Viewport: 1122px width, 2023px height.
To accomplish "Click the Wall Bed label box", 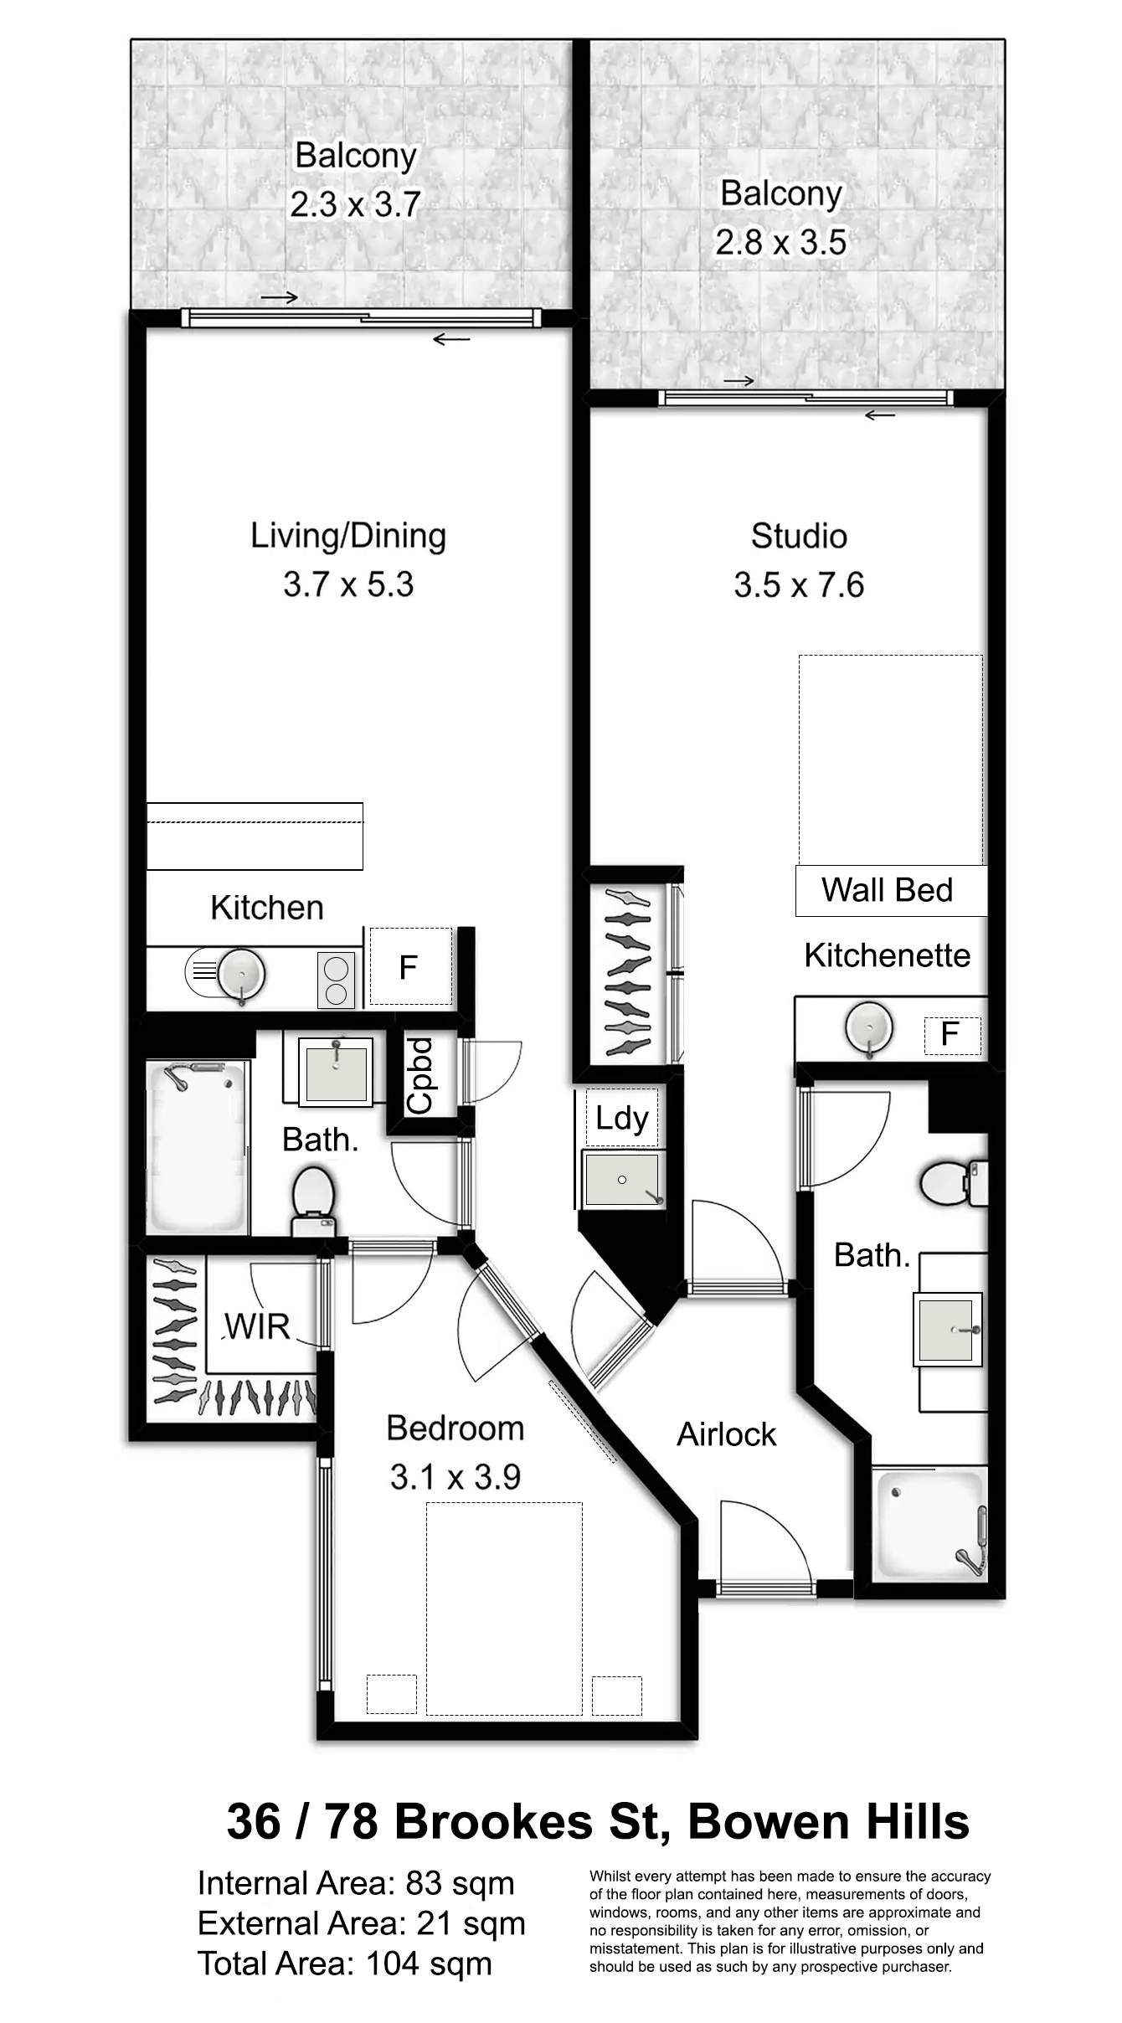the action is coord(891,890).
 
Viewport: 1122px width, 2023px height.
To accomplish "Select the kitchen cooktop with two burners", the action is coord(336,981).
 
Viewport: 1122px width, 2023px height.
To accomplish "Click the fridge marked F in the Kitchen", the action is coord(410,966).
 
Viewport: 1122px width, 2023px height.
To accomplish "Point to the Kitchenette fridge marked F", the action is coord(952,1035).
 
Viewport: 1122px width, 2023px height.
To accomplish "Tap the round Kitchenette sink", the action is coord(869,1027).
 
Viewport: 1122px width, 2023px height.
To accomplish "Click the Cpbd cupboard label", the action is coord(420,1075).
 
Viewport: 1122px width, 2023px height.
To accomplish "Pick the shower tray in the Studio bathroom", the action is coord(929,1524).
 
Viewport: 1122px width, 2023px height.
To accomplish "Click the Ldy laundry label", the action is coord(622,1119).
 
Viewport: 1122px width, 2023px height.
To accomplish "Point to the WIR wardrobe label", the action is coord(257,1326).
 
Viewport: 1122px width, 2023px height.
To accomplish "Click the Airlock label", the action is coord(727,1434).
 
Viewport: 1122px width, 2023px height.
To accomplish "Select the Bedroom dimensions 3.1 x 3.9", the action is coord(455,1477).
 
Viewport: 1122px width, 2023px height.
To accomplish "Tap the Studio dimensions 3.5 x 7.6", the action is coord(799,585).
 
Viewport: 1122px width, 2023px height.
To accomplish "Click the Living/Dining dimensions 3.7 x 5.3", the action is coord(348,584).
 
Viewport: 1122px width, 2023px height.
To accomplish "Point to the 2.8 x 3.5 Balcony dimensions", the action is coord(781,243).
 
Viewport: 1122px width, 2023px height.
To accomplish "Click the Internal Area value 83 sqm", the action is coord(460,1883).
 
